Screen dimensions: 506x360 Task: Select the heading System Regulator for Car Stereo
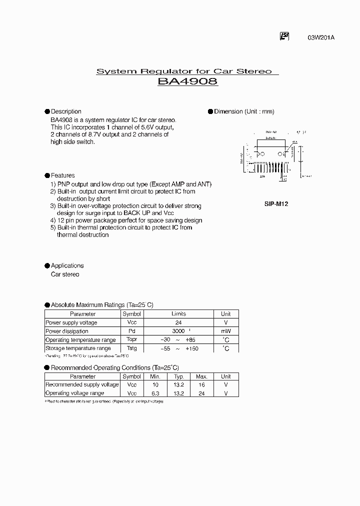coord(184,71)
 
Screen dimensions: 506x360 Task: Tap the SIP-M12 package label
coord(276,203)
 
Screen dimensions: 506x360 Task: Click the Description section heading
coord(66,111)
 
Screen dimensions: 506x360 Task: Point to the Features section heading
coord(62,175)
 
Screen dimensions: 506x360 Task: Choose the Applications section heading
coord(67,265)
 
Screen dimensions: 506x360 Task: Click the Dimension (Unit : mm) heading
coord(244,111)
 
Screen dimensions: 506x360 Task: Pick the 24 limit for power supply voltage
coord(178,322)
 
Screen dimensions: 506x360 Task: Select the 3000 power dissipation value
coord(178,331)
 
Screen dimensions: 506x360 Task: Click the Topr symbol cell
coord(132,339)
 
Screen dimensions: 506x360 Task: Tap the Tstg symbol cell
coord(132,348)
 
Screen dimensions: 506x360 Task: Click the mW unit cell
coord(226,331)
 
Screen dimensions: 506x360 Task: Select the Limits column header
coord(178,314)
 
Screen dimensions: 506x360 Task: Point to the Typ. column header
coord(179,376)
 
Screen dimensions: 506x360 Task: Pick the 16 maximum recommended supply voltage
coord(201,385)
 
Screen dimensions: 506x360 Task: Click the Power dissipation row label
coord(67,331)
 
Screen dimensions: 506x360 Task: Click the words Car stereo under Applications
coord(65,274)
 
